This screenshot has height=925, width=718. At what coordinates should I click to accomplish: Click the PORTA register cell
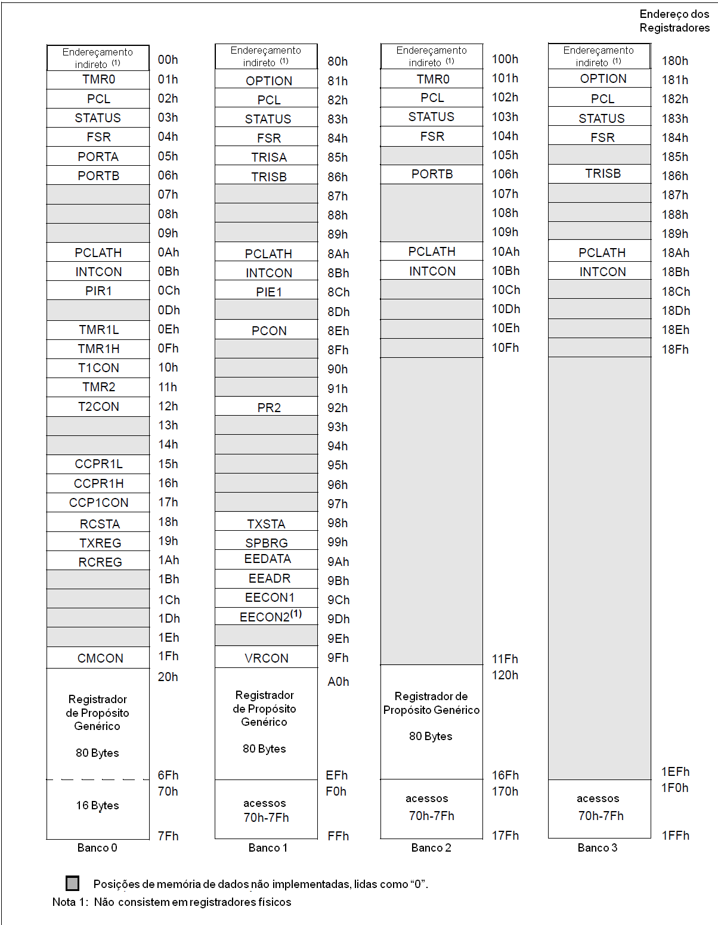[98, 156]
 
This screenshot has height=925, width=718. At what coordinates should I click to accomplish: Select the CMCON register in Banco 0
[100, 658]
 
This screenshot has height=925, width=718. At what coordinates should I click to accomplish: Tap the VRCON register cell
[266, 658]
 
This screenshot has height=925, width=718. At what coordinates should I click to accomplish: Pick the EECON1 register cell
[269, 598]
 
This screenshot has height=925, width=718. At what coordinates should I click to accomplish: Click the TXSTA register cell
[266, 524]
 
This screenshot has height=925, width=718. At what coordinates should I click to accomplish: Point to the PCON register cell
[268, 330]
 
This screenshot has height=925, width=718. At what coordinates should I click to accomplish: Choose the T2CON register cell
[98, 406]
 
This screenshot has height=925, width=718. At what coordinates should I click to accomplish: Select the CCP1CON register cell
[98, 502]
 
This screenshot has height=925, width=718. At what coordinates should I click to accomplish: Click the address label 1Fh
[168, 656]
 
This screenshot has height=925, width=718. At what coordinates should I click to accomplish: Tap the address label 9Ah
[338, 562]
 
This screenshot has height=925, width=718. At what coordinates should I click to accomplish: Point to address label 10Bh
[505, 271]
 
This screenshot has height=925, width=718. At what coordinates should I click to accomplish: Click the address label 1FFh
[675, 836]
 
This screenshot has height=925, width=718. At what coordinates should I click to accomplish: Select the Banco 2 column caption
[431, 847]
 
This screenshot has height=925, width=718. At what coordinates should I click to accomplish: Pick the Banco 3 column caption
[598, 847]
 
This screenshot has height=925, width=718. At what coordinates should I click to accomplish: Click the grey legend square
[73, 883]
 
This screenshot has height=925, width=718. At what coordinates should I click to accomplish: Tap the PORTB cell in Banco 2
[432, 174]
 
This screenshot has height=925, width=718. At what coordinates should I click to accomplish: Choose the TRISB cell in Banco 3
[602, 174]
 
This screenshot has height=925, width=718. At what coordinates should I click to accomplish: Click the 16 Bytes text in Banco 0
[97, 805]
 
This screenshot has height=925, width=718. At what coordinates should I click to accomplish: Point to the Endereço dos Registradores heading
[674, 21]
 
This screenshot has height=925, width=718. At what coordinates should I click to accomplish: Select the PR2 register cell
[269, 407]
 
